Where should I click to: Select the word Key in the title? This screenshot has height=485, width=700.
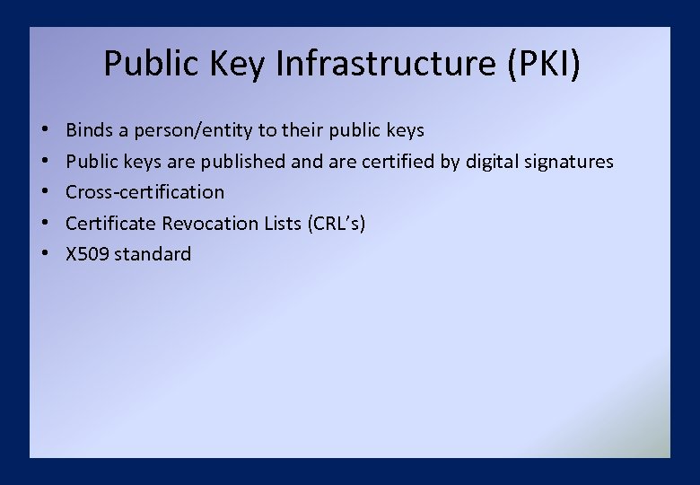(241, 64)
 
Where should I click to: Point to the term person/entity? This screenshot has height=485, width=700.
(193, 131)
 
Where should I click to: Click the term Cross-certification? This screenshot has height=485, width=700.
(145, 192)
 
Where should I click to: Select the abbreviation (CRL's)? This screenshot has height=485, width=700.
(336, 224)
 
